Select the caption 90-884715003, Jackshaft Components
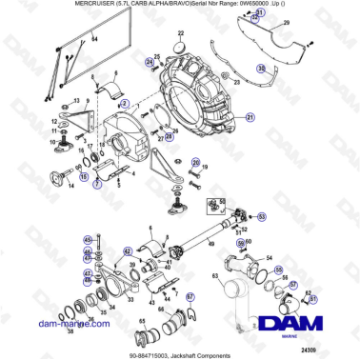pyautogui.click(x=179, y=353)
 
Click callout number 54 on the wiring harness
pyautogui.click(x=94, y=44)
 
